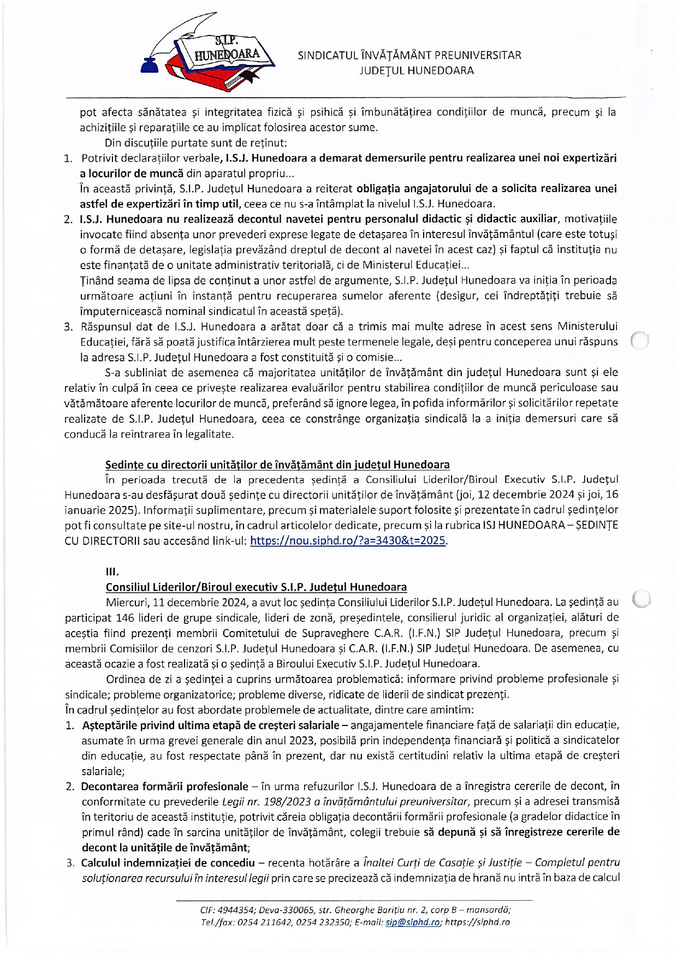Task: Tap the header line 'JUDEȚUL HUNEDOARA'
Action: click(417, 70)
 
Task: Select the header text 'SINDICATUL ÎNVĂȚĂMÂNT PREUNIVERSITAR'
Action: click(409, 55)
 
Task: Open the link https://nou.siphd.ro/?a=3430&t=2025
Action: click(348, 542)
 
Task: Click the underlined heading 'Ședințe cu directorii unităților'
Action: click(277, 465)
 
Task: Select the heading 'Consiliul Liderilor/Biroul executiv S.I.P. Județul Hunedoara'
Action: click(256, 587)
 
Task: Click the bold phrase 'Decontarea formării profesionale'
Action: click(164, 787)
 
